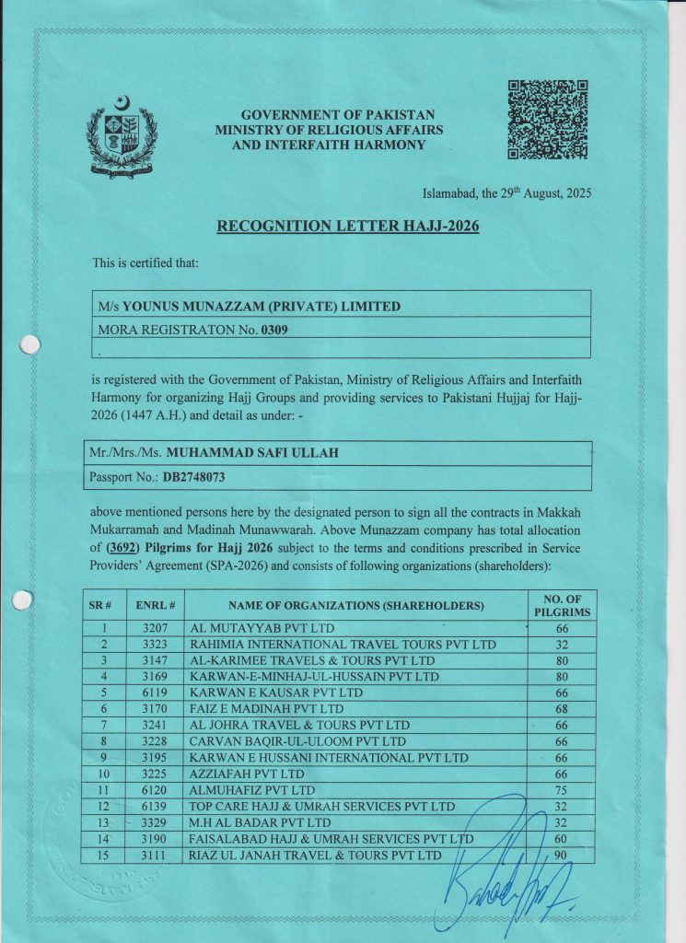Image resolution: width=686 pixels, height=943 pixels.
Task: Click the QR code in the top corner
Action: [x=548, y=120]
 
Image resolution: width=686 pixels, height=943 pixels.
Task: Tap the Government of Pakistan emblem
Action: [x=122, y=137]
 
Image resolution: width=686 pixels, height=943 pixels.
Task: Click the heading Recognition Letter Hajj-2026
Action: [x=348, y=226]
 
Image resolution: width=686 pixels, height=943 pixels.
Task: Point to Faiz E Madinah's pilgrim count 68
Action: [x=561, y=708]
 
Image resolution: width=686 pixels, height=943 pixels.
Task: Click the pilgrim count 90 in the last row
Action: [x=561, y=855]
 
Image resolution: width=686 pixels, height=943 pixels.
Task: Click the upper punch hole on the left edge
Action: [x=29, y=345]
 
